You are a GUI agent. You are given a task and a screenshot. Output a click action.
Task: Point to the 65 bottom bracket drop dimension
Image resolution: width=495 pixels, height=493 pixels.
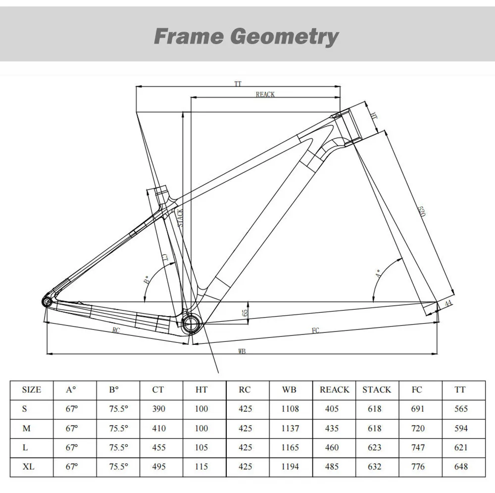click(x=245, y=313)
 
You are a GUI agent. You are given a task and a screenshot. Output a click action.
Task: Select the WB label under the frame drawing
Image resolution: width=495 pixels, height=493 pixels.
click(x=242, y=351)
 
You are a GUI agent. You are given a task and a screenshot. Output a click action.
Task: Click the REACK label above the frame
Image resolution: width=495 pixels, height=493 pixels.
click(x=265, y=94)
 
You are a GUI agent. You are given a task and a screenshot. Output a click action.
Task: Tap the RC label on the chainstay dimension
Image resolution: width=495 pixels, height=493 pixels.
click(x=116, y=329)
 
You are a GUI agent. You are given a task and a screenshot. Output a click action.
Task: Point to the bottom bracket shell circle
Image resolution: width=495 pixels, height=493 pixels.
click(x=191, y=325)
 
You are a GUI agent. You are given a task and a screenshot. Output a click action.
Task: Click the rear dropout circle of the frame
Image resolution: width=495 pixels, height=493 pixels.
click(x=46, y=301)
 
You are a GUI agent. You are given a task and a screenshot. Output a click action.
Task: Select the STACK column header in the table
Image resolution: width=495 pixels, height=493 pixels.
click(x=377, y=390)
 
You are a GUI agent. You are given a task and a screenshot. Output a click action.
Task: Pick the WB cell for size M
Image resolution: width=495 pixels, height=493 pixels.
click(x=289, y=428)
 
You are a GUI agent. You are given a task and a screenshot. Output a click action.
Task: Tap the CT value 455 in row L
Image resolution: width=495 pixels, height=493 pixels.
click(x=158, y=447)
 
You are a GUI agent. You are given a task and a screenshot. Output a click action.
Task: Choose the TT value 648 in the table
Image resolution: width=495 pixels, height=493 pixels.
click(x=460, y=466)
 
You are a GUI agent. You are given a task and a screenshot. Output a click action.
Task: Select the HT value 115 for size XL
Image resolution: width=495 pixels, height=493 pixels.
click(x=201, y=466)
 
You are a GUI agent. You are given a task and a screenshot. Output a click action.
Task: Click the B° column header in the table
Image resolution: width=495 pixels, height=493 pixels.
click(x=114, y=390)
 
